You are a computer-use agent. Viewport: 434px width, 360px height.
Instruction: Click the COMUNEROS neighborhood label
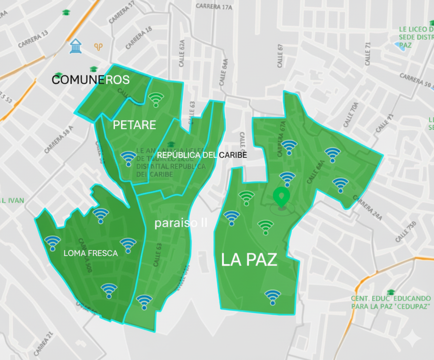click(91, 80)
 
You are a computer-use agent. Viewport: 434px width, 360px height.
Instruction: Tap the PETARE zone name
click(134, 125)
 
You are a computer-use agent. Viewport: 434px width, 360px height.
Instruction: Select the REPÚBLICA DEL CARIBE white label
click(201, 155)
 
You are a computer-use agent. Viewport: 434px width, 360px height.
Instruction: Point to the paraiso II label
click(181, 223)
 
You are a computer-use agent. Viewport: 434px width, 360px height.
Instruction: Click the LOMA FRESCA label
click(90, 253)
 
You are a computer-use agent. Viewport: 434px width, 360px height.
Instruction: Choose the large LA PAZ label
click(249, 260)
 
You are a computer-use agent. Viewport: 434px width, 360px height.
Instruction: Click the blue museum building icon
click(75, 46)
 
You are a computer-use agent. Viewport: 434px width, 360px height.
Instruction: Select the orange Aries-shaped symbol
click(99, 47)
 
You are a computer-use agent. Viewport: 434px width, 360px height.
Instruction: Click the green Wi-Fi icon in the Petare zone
click(156, 99)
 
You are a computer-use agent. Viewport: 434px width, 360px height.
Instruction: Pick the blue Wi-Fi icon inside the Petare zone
click(128, 158)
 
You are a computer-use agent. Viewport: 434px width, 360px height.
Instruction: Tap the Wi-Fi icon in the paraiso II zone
click(144, 302)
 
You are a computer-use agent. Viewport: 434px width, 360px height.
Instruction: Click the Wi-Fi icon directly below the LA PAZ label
click(272, 297)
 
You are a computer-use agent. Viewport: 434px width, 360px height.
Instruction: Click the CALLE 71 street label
click(367, 54)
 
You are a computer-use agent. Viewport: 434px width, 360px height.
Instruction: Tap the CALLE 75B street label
click(406, 232)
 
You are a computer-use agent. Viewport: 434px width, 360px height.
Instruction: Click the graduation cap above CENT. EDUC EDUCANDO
click(390, 292)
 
